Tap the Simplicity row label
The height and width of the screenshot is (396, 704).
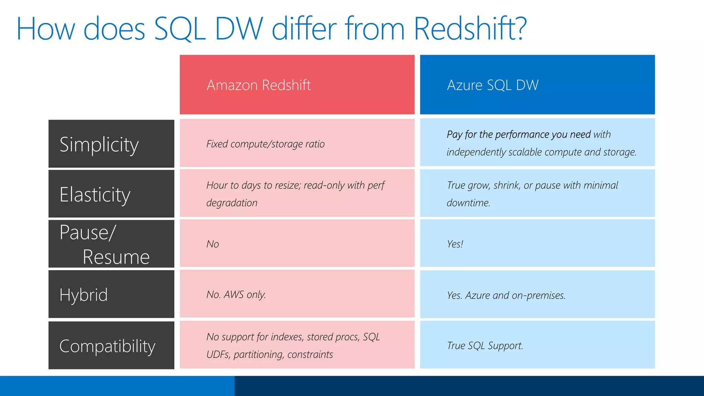[x=99, y=144]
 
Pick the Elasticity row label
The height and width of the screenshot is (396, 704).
[x=95, y=195]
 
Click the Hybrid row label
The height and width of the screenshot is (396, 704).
[x=84, y=295]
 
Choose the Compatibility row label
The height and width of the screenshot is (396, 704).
[x=107, y=346]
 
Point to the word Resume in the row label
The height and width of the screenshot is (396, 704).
[x=116, y=257]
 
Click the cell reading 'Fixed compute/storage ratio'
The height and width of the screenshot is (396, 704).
[x=265, y=144]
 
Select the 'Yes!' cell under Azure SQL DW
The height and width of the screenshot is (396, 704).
[x=455, y=244]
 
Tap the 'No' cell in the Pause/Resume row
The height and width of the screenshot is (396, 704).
[x=213, y=244]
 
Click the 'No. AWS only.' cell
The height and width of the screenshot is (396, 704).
[x=236, y=295]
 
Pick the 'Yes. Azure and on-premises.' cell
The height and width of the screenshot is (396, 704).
[x=506, y=295]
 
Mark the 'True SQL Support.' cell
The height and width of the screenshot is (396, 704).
[x=485, y=345]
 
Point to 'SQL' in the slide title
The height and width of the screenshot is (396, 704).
[x=179, y=29]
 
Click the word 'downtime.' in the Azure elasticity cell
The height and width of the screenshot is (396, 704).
[x=468, y=203]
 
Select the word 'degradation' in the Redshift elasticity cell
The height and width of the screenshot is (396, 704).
[x=232, y=203]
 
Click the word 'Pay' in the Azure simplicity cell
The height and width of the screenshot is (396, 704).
[x=454, y=134]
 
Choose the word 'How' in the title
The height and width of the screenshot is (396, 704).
[x=45, y=29]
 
